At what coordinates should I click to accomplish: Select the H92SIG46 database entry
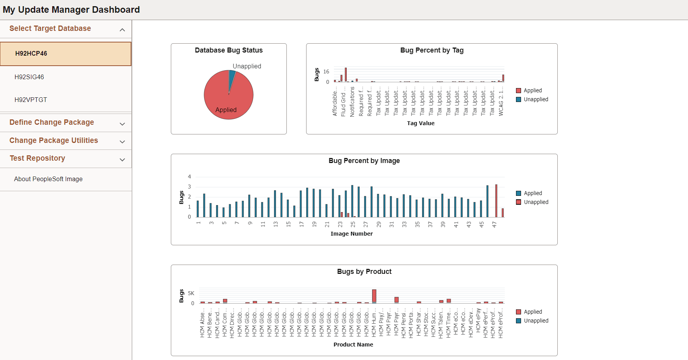pos(29,77)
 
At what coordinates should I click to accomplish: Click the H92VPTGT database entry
pos(31,100)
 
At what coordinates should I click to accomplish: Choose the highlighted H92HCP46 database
pos(31,54)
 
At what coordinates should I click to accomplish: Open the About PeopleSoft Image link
pos(48,179)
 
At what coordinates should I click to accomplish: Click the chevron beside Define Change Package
pos(122,124)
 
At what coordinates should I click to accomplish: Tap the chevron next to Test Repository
pos(122,160)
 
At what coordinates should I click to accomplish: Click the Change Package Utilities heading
pos(54,140)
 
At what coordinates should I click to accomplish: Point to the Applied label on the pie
pos(226,110)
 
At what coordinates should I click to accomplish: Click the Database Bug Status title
pos(228,50)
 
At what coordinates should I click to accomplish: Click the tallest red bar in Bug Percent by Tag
pos(346,75)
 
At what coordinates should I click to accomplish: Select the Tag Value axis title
pos(421,123)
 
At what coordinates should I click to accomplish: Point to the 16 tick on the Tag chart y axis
pos(326,71)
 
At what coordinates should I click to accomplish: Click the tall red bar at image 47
pos(496,201)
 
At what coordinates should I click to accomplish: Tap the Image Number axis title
pos(351,234)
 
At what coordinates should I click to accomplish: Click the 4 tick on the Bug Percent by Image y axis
pos(189,177)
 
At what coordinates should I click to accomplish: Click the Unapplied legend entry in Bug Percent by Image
pos(536,202)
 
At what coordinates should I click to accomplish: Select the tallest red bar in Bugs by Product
pos(374,295)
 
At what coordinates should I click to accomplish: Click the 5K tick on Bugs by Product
pos(191,293)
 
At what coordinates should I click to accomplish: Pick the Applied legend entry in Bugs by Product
pos(532,312)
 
